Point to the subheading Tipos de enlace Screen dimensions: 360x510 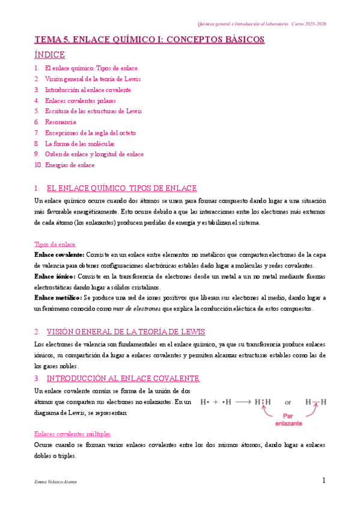54,244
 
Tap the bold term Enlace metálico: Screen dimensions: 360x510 58,298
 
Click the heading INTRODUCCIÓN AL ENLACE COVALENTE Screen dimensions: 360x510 123,378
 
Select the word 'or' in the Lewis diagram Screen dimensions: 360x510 288,402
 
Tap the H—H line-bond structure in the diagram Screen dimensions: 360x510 316,402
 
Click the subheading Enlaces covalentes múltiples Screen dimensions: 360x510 72,434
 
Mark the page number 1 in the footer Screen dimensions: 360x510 323,481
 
